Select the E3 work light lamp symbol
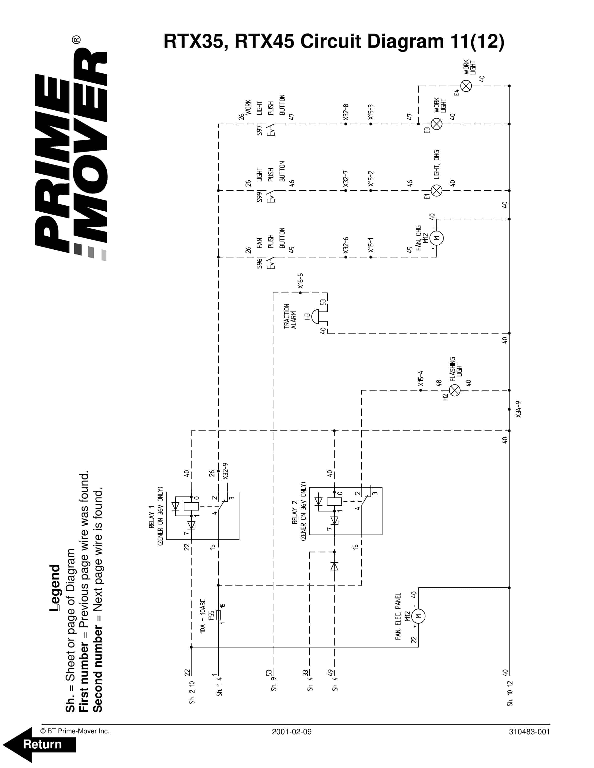(x=436, y=124)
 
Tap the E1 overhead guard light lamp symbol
(x=436, y=191)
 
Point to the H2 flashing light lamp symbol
(x=455, y=390)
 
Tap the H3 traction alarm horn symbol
(x=315, y=316)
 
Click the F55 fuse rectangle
(x=219, y=615)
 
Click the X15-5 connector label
(x=300, y=281)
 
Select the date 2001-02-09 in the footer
(x=291, y=732)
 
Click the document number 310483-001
(x=529, y=732)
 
